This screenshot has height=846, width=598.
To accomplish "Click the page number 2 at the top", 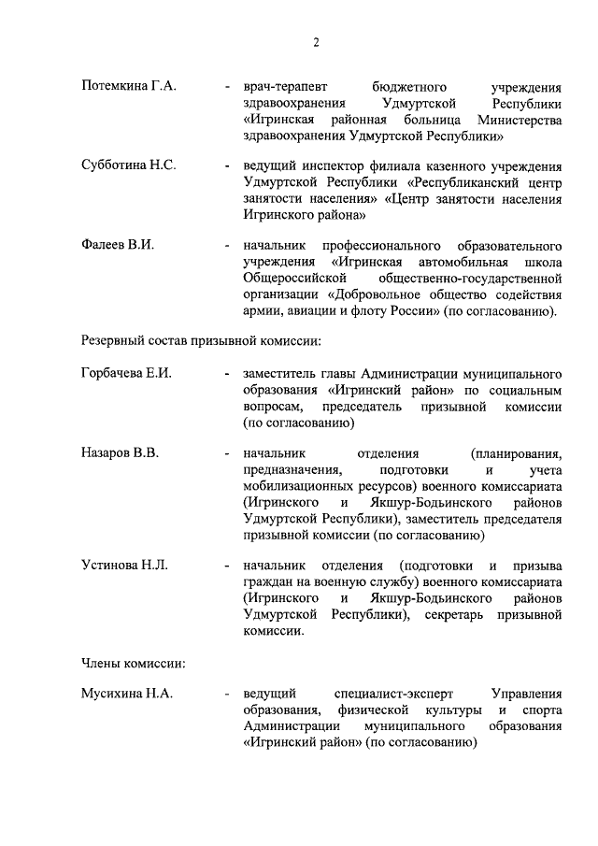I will click(316, 42).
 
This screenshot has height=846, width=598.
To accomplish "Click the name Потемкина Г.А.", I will click(128, 86).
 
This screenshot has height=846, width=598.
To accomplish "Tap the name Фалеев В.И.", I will click(117, 245).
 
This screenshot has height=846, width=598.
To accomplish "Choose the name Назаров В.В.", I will click(119, 453).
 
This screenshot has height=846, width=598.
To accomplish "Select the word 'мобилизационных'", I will click(297, 487).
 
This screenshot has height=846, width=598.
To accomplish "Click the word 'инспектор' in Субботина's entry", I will click(325, 165).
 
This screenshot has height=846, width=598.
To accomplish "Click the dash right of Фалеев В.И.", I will click(228, 245).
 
